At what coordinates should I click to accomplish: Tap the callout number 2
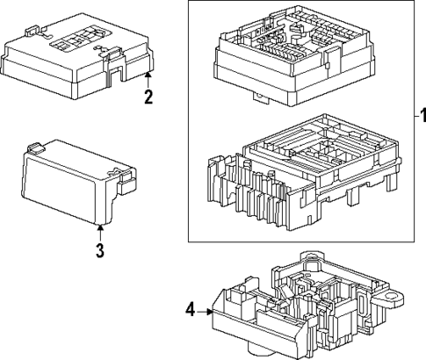148,97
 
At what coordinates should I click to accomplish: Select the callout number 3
100,250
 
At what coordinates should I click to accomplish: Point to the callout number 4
191,309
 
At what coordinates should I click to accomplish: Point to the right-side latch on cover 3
126,180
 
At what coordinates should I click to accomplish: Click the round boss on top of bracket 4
308,259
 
